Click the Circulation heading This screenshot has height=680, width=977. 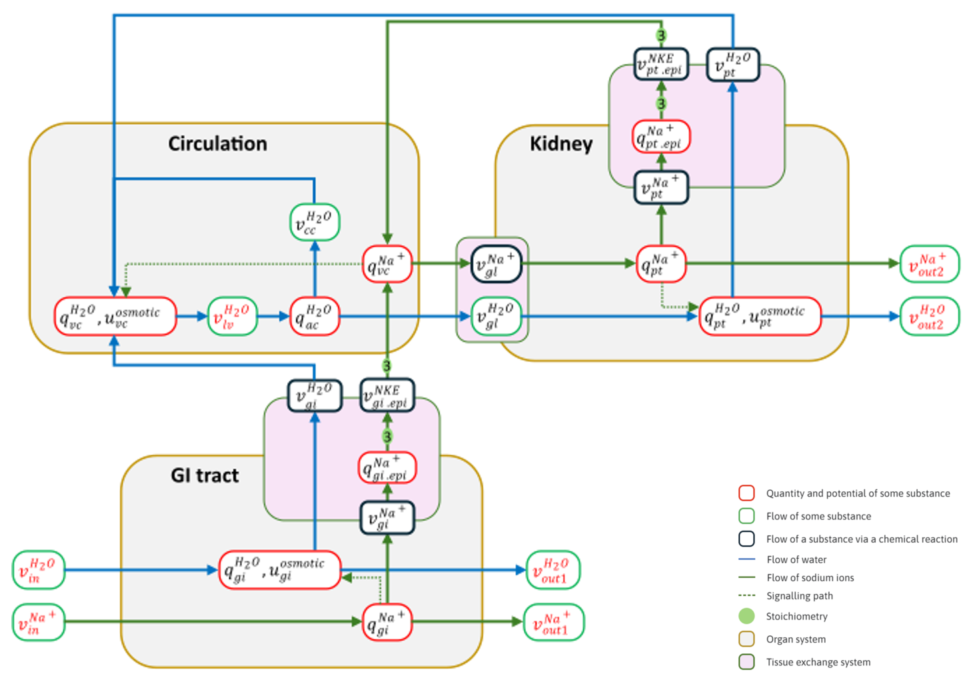(x=217, y=144)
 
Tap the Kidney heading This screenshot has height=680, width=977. (x=560, y=144)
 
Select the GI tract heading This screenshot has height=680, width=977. (x=205, y=475)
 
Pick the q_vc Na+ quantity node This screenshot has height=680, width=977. (x=387, y=264)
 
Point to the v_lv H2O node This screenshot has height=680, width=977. (x=232, y=316)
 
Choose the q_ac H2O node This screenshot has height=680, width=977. (x=315, y=316)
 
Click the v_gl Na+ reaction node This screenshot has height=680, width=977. (x=496, y=264)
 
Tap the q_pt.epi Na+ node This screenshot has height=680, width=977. (x=660, y=137)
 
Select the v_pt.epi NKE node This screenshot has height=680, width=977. (x=660, y=64)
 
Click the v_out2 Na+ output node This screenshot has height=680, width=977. (x=929, y=264)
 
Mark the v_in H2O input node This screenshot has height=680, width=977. (x=39, y=570)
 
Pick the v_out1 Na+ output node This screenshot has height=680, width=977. (x=553, y=622)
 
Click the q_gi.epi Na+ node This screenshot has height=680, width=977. (x=387, y=468)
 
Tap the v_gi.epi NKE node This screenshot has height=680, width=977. (x=387, y=395)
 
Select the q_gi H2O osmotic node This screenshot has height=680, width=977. (x=280, y=570)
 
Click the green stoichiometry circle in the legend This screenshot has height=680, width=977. (x=746, y=617)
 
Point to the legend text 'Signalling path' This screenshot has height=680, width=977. (x=799, y=596)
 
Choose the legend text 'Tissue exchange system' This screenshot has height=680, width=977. (x=818, y=662)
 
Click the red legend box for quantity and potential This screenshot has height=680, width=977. (x=746, y=493)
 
